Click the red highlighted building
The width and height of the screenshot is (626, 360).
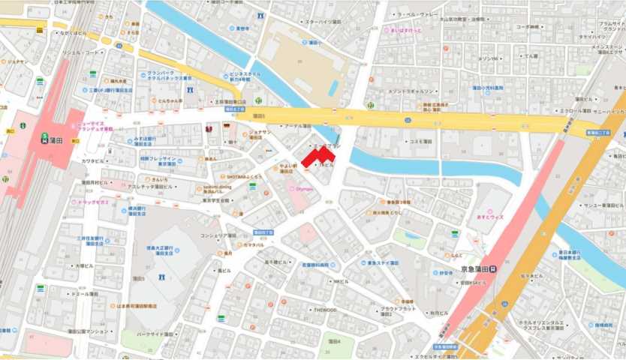(x=322, y=154)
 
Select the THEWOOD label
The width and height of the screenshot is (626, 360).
(x=326, y=310)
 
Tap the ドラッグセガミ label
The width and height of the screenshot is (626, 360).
(x=93, y=202)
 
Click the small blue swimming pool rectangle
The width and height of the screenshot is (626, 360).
(x=333, y=88)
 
